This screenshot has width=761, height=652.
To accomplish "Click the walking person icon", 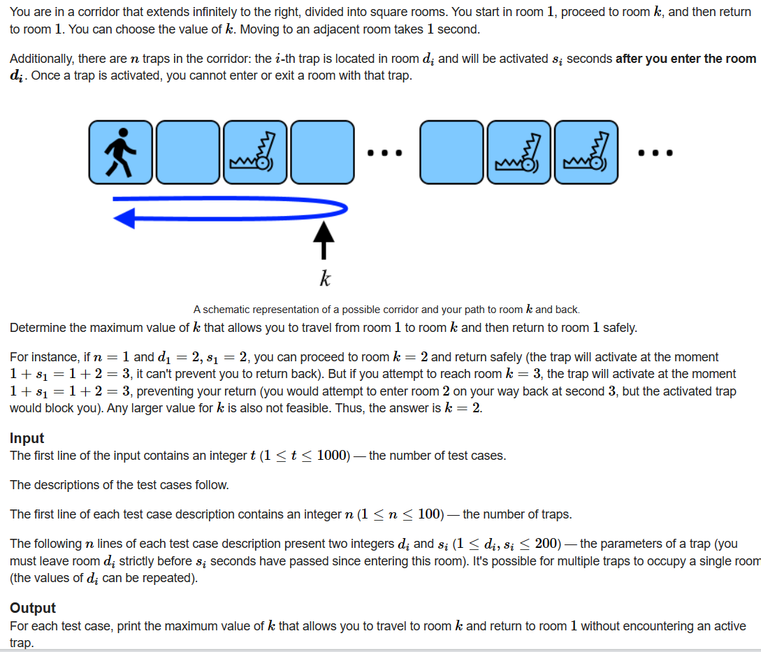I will [120, 152].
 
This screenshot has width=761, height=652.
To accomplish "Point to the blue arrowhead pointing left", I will [124, 219].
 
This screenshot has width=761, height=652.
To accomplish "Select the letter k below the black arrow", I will [324, 280].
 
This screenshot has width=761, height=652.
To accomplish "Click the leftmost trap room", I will [254, 152].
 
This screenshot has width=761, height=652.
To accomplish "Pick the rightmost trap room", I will [586, 152].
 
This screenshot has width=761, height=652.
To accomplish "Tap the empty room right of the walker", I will [187, 152].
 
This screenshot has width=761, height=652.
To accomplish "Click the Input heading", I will [27, 438].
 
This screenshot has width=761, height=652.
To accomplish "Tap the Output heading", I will [32, 608].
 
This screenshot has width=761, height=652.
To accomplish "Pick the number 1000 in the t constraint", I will [333, 456].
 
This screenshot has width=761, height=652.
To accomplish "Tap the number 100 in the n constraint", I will [430, 514].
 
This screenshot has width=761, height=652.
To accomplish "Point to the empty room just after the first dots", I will [451, 152].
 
